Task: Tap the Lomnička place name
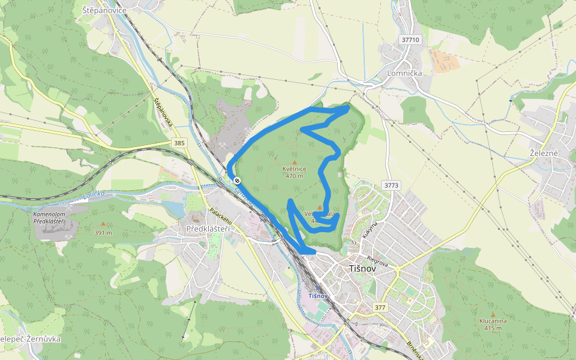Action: coord(406,73)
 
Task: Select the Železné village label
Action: coord(544,153)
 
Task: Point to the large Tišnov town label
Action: coord(362,269)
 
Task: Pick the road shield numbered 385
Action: coord(179,143)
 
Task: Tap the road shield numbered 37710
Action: coord(411,40)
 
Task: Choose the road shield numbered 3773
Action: coord(391,185)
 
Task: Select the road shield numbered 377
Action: coord(379,308)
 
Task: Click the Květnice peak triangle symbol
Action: coord(295,161)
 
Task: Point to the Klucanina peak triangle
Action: coord(493,314)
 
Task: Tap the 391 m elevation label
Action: coord(103,233)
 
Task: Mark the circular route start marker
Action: coord(238,180)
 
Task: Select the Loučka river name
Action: coord(94,194)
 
